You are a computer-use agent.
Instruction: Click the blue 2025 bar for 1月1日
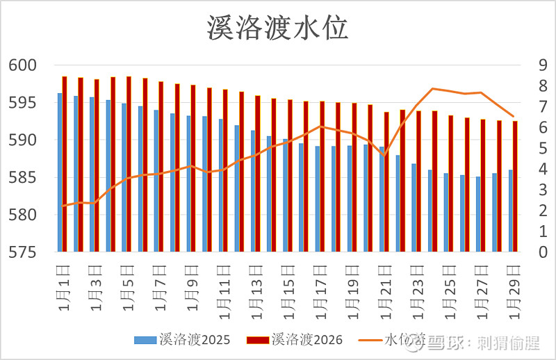(x=60, y=172)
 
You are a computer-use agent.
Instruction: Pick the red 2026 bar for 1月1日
(x=65, y=164)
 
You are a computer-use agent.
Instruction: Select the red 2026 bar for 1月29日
(x=515, y=186)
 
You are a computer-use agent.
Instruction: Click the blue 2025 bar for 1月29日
(x=510, y=211)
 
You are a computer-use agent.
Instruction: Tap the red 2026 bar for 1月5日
(x=129, y=164)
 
